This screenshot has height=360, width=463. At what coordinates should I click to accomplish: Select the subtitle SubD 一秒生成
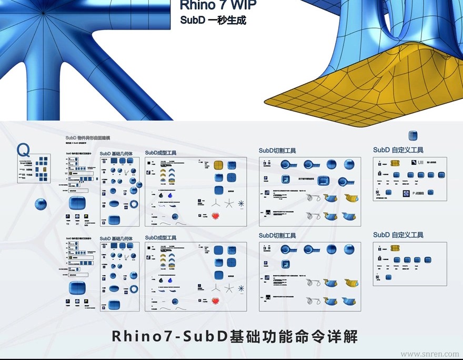[213, 21]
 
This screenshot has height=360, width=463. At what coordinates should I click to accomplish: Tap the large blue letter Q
[24, 150]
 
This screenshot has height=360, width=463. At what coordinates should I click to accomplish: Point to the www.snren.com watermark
[430, 354]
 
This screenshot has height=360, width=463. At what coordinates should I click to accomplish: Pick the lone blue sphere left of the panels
[40, 204]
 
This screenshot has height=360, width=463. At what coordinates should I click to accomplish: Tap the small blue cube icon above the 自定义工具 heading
[413, 136]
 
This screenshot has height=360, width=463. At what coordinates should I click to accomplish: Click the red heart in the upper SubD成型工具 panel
[215, 215]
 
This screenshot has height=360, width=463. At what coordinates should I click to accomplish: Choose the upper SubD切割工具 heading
[277, 151]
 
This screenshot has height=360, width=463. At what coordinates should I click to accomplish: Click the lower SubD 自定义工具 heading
[398, 235]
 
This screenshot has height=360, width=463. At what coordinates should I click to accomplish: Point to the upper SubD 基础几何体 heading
[119, 154]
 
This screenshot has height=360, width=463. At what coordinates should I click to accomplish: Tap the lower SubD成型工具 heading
[160, 238]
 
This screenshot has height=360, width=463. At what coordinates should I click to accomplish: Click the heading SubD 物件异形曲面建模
[88, 138]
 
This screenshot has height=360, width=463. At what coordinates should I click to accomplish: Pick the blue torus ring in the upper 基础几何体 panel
[134, 204]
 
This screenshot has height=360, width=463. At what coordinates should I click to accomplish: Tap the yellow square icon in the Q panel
[45, 170]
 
